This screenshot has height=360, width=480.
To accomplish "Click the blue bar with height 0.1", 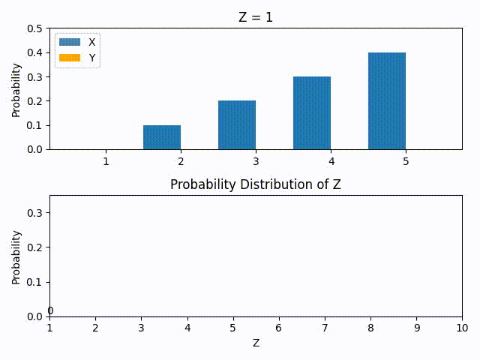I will click(162, 137).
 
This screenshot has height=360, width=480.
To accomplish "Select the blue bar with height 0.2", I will click(237, 125).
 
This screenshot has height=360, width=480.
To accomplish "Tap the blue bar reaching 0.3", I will click(312, 113).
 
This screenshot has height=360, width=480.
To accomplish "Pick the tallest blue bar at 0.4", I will click(387, 101).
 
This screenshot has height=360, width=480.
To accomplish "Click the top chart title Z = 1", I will click(256, 17).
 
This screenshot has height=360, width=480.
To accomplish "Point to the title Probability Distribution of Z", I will click(256, 184).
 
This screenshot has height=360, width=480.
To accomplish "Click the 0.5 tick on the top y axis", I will click(34, 28).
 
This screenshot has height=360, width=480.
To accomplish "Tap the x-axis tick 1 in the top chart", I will click(106, 161).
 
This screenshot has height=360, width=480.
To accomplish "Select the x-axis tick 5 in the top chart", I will click(406, 161).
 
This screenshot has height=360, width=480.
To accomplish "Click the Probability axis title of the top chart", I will click(16, 88).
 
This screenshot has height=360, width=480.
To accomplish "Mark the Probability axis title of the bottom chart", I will click(16, 256).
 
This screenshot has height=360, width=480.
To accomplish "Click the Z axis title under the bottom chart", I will click(256, 343).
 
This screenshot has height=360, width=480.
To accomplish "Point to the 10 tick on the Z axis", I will click(462, 328).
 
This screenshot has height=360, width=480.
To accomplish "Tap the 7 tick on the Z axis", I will click(325, 328).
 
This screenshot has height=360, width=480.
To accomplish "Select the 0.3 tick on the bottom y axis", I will click(34, 213).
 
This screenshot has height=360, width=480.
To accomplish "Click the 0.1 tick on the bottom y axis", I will click(34, 282).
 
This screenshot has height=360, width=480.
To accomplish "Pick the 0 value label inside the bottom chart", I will click(50, 311).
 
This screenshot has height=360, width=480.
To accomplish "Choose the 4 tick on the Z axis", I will click(187, 328).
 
